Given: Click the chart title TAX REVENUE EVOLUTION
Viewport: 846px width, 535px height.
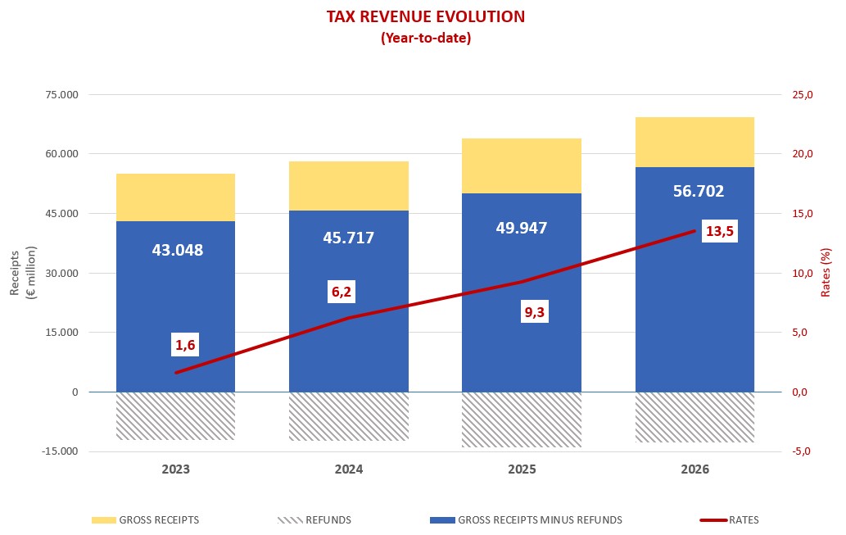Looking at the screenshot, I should (x=425, y=16).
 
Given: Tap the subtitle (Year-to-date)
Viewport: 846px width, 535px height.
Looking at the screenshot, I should (x=425, y=38).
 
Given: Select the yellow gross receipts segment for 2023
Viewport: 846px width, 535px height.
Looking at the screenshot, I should (x=175, y=197).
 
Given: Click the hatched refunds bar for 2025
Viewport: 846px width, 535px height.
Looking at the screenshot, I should (x=522, y=419).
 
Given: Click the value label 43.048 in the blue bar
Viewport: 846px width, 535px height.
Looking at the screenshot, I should (x=177, y=250).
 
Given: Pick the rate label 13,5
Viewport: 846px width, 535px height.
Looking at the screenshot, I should (x=720, y=231).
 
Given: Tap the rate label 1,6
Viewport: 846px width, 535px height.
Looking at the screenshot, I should (x=185, y=345).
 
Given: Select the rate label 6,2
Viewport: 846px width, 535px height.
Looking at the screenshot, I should (x=342, y=291).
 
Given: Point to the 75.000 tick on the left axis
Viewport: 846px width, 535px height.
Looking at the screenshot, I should (x=62, y=95).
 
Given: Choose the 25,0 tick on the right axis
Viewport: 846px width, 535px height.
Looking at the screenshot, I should (x=803, y=95).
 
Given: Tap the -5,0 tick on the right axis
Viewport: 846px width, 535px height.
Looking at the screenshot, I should (x=802, y=451).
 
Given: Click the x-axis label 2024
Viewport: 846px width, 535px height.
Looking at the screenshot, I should (x=349, y=470).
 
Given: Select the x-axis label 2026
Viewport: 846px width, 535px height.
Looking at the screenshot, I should (x=694, y=470).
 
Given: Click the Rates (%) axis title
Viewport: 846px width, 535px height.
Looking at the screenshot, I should (x=826, y=273).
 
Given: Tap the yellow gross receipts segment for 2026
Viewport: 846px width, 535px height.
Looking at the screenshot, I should (x=694, y=142).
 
